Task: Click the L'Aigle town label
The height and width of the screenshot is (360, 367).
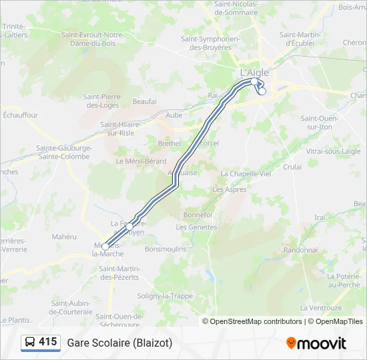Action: tap(254, 72)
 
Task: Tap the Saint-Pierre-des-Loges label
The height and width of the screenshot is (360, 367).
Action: tap(101, 101)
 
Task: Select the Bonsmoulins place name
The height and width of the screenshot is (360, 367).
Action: tap(165, 248)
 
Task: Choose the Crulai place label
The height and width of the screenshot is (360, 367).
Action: tap(292, 167)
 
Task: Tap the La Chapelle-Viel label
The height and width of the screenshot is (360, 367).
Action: tap(246, 173)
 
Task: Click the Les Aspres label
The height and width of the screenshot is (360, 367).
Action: tap(229, 189)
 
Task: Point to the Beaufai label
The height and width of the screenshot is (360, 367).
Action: tap(144, 101)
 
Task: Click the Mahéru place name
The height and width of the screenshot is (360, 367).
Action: tap(65, 236)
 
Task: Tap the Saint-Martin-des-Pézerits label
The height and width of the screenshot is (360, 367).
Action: tap(119, 273)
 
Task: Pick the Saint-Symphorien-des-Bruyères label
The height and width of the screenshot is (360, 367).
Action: tap(210, 43)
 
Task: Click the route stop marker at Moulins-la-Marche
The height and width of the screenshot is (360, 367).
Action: tap(105, 247)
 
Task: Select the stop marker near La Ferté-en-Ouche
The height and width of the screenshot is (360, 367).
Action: tap(129, 227)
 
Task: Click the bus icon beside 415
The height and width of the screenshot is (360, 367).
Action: tap(31, 343)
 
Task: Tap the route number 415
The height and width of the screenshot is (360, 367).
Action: tap(48, 342)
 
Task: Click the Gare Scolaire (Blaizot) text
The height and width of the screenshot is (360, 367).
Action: tap(119, 343)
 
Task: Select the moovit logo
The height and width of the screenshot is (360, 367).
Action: tap(316, 343)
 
